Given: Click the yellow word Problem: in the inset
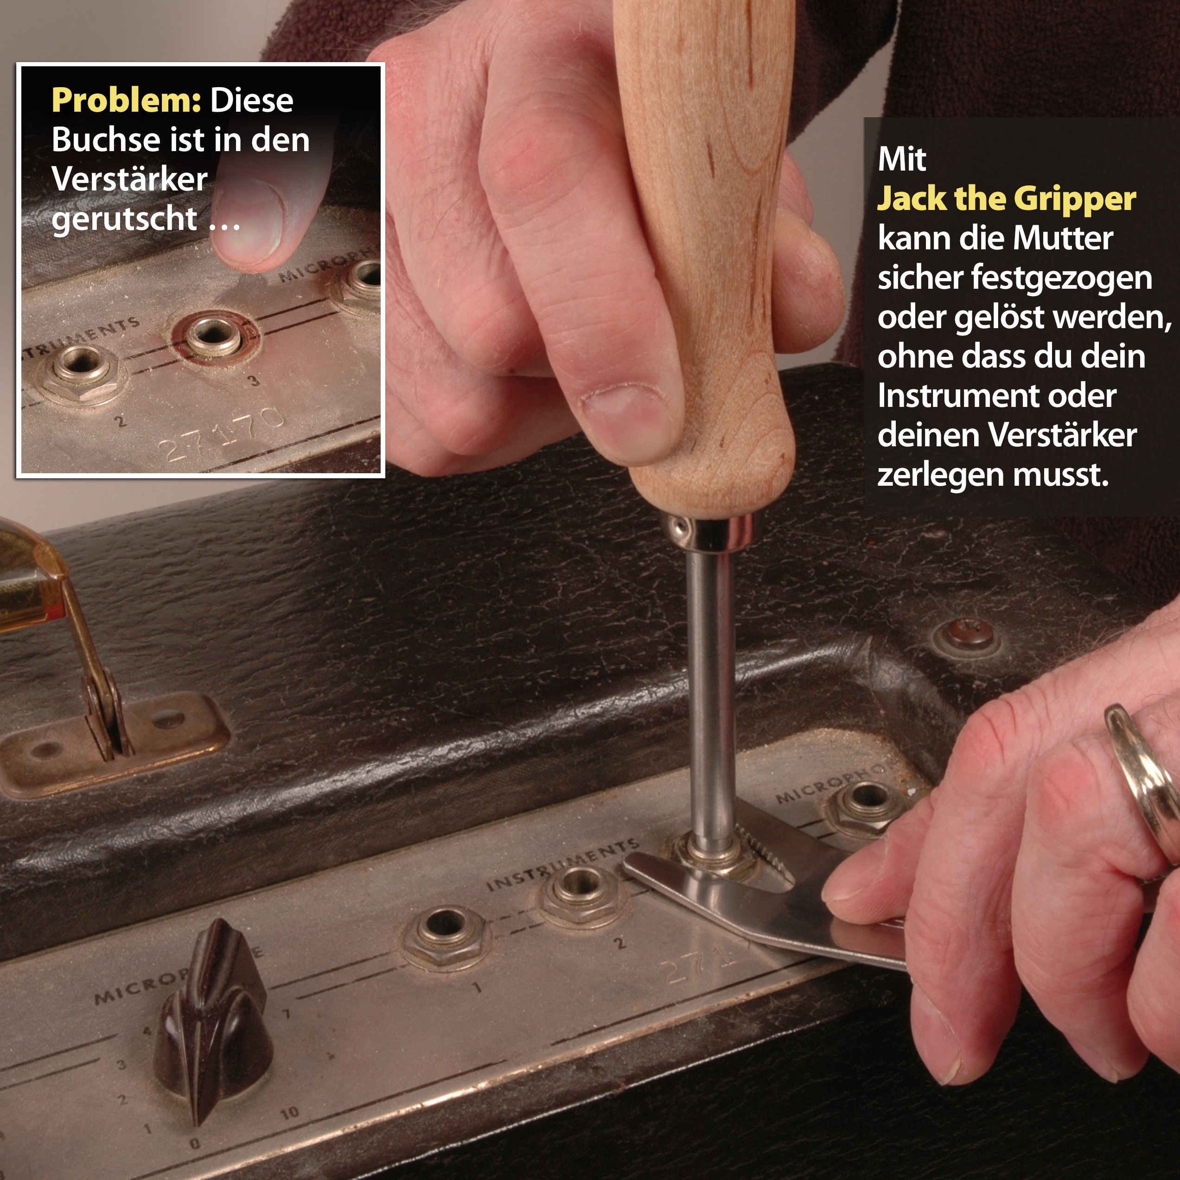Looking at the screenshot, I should coord(126,100).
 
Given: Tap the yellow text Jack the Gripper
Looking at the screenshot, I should coord(1006,198).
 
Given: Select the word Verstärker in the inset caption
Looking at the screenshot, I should coord(129,179).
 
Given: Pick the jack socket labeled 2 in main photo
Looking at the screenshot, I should coord(579,888).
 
